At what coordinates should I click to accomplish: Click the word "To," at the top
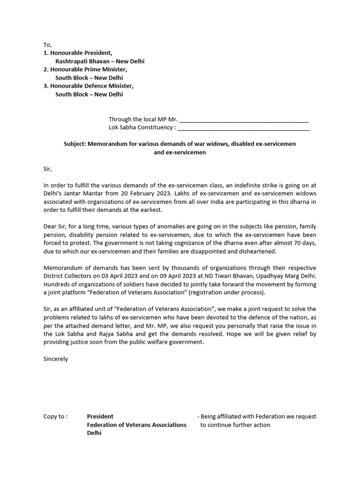pyautogui.click(x=48, y=45)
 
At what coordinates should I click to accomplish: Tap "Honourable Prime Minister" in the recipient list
pyautogui.click(x=89, y=69)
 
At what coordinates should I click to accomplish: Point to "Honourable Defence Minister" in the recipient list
pyautogui.click(x=91, y=86)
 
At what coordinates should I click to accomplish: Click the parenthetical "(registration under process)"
pyautogui.click(x=225, y=292)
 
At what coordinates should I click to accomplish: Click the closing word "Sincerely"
pyautogui.click(x=56, y=359)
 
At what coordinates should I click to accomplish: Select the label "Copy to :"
pyautogui.click(x=55, y=416)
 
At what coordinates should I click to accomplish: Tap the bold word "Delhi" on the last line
pyautogui.click(x=94, y=433)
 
